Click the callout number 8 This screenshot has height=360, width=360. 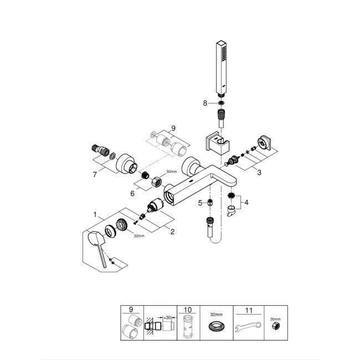point(204,102)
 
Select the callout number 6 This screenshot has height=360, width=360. point(132,193)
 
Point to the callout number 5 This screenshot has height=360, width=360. point(200,203)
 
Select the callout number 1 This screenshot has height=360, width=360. point(95,214)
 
